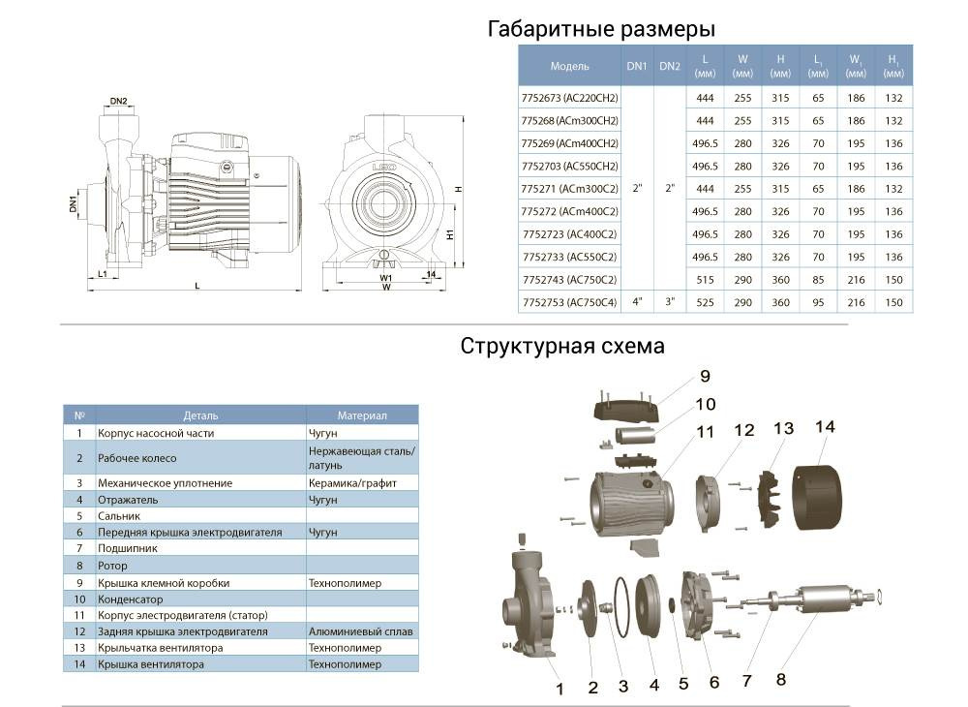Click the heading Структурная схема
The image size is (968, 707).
tap(562, 346)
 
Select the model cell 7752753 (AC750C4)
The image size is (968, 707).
tap(569, 302)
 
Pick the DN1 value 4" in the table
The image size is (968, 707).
tap(636, 302)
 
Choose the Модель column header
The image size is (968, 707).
tap(569, 67)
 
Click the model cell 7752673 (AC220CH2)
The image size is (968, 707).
tap(569, 98)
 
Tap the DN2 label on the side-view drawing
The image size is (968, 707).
tap(119, 101)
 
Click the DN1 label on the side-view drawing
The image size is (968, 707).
tap(74, 204)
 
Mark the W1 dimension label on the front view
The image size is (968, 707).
tap(385, 277)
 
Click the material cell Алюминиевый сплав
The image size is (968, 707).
tap(361, 631)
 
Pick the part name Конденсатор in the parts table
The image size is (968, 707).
tap(131, 599)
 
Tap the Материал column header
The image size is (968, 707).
tap(361, 415)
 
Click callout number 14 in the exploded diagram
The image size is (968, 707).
tap(825, 426)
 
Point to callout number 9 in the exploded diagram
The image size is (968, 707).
tap(705, 376)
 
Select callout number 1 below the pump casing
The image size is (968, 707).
tap(559, 690)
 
